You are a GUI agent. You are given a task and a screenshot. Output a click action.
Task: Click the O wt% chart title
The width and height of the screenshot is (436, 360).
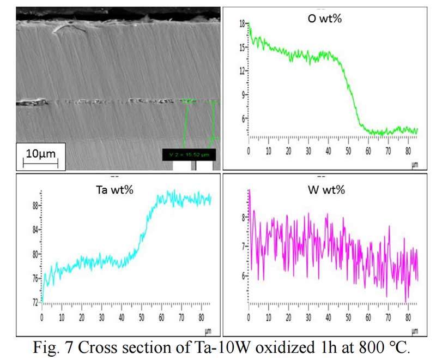[x=326, y=21]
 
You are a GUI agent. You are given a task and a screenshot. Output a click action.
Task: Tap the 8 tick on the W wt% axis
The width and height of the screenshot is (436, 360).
[x=244, y=218]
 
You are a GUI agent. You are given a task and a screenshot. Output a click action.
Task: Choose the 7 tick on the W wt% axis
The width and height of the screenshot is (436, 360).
[x=244, y=247]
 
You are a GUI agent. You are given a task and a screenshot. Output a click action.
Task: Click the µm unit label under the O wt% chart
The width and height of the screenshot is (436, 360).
[x=414, y=159]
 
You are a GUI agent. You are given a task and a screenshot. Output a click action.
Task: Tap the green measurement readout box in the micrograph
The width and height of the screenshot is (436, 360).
[x=189, y=154]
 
